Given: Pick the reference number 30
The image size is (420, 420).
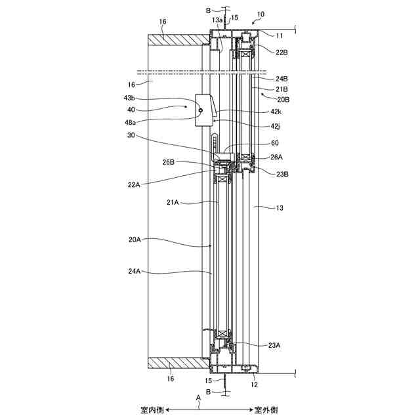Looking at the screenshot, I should tap(131, 136).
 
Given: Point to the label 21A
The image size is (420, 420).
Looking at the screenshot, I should tap(173, 203).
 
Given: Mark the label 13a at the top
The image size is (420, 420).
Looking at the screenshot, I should tap(217, 20).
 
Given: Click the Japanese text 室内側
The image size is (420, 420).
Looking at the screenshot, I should tap(151, 410).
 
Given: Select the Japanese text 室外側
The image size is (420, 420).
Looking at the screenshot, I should tap(266, 410).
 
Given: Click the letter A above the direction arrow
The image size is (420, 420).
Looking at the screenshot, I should tap(199, 397).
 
